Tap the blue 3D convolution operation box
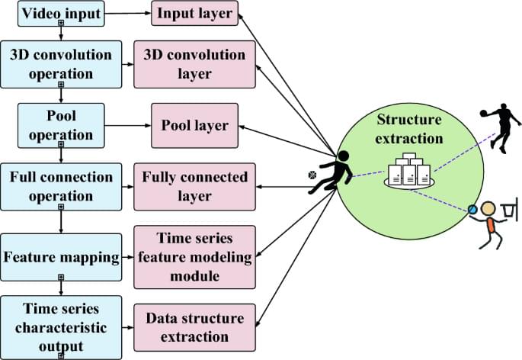click(60, 65)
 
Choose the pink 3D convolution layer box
click(195, 65)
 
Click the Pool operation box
click(60, 125)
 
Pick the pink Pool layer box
click(195, 125)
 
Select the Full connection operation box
click(60, 187)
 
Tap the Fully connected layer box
click(195, 187)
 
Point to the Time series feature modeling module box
click(195, 257)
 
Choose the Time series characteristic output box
click(60, 326)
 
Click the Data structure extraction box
click(195, 326)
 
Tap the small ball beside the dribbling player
click(311, 175)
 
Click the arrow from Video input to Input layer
click(127, 13)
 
